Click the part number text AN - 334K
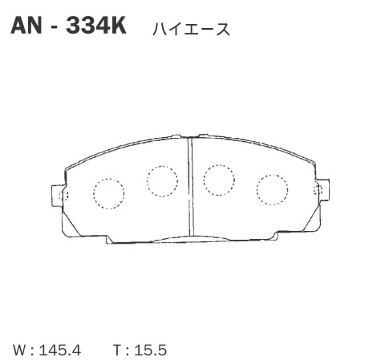click(68, 26)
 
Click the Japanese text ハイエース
click(189, 30)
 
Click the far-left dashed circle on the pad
click(109, 192)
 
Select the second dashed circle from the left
click(162, 180)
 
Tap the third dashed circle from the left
click(218, 180)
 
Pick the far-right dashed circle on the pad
click(271, 188)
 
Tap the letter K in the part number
click(117, 26)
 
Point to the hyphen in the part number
click(53, 27)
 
